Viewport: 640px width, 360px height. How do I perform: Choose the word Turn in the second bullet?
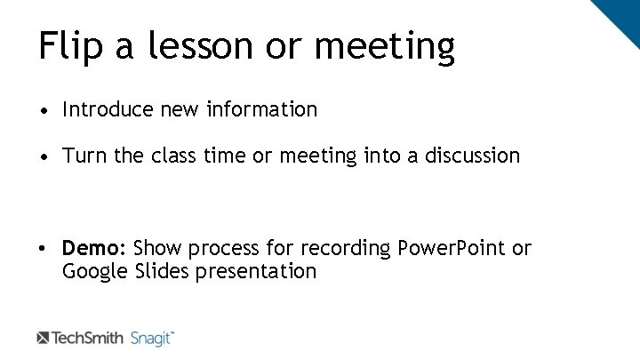point(83,156)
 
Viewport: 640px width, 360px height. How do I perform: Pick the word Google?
point(96,272)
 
